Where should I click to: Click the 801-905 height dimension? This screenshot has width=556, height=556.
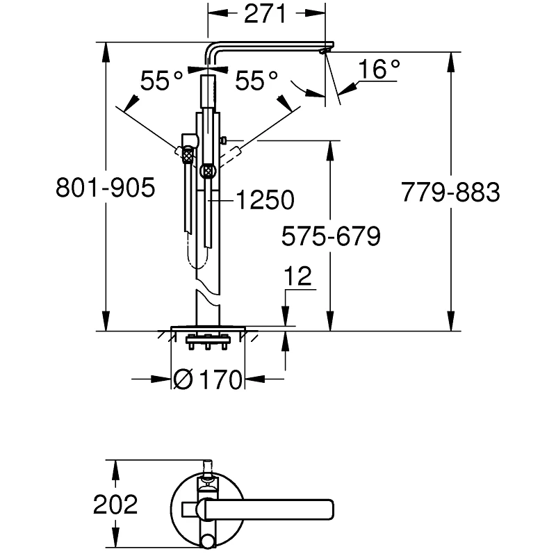105,189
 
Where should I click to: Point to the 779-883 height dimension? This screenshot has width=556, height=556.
450,192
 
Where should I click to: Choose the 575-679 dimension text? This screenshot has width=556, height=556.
331,237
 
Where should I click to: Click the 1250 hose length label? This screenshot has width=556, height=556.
265,201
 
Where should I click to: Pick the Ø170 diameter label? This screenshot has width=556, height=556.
208,379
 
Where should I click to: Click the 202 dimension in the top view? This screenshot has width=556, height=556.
115,505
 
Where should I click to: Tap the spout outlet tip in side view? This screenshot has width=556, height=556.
325,50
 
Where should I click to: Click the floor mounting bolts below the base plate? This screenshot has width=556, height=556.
208,343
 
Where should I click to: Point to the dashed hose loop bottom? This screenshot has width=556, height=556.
198,265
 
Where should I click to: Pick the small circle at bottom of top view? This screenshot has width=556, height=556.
208,542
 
